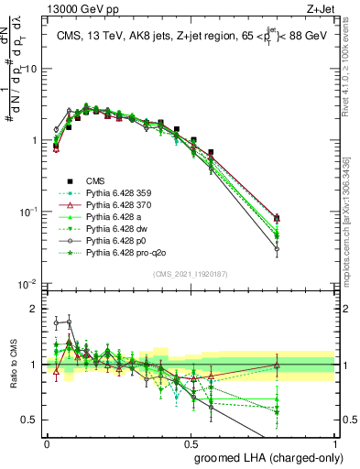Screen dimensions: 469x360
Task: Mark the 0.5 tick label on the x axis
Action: click(191, 443)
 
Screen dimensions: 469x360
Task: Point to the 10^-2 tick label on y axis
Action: click(27, 284)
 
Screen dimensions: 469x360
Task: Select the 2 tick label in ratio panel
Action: click(36, 309)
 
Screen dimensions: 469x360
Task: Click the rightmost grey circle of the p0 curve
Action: click(327, 248)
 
